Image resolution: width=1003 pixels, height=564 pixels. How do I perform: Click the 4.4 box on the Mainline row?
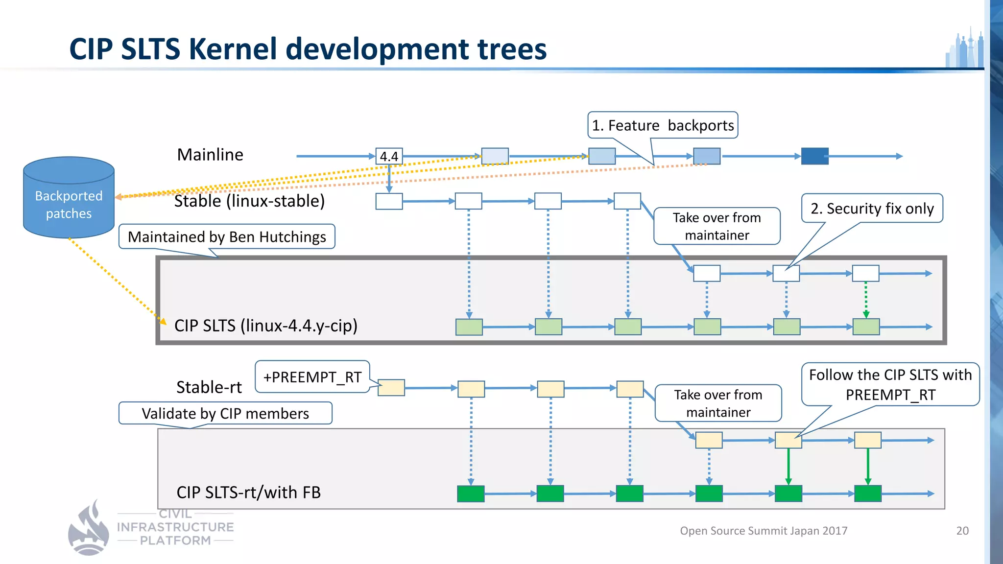point(389,156)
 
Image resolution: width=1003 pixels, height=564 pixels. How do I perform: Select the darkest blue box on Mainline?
point(814,156)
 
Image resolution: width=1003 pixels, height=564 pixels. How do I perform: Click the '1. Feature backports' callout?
point(662,125)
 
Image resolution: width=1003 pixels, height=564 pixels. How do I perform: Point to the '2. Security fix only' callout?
point(872,209)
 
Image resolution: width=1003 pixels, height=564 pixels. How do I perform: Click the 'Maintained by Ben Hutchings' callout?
point(227,237)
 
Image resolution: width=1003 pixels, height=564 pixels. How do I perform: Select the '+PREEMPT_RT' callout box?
point(312,377)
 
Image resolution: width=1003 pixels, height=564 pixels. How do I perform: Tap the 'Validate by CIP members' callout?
point(225,414)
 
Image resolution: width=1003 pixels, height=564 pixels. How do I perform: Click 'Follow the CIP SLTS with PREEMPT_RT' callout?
point(890,384)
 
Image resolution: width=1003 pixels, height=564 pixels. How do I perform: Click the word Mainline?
point(210,155)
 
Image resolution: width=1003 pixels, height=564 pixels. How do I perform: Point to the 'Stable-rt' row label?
point(209,387)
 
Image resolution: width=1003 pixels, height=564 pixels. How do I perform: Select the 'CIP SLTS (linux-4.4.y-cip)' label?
point(265,326)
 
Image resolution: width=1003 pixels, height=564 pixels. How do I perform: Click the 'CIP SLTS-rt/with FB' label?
point(248,492)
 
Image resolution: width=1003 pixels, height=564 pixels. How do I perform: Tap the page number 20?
point(962,531)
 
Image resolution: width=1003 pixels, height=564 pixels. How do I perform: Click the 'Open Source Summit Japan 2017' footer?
point(763,531)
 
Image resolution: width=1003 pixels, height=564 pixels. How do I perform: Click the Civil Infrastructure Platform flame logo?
point(89,529)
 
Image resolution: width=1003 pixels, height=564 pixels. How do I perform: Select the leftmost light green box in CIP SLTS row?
point(469,327)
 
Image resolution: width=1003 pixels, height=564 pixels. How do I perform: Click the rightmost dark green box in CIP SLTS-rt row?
point(867,493)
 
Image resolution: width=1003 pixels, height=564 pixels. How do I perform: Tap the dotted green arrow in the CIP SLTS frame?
point(865,299)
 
